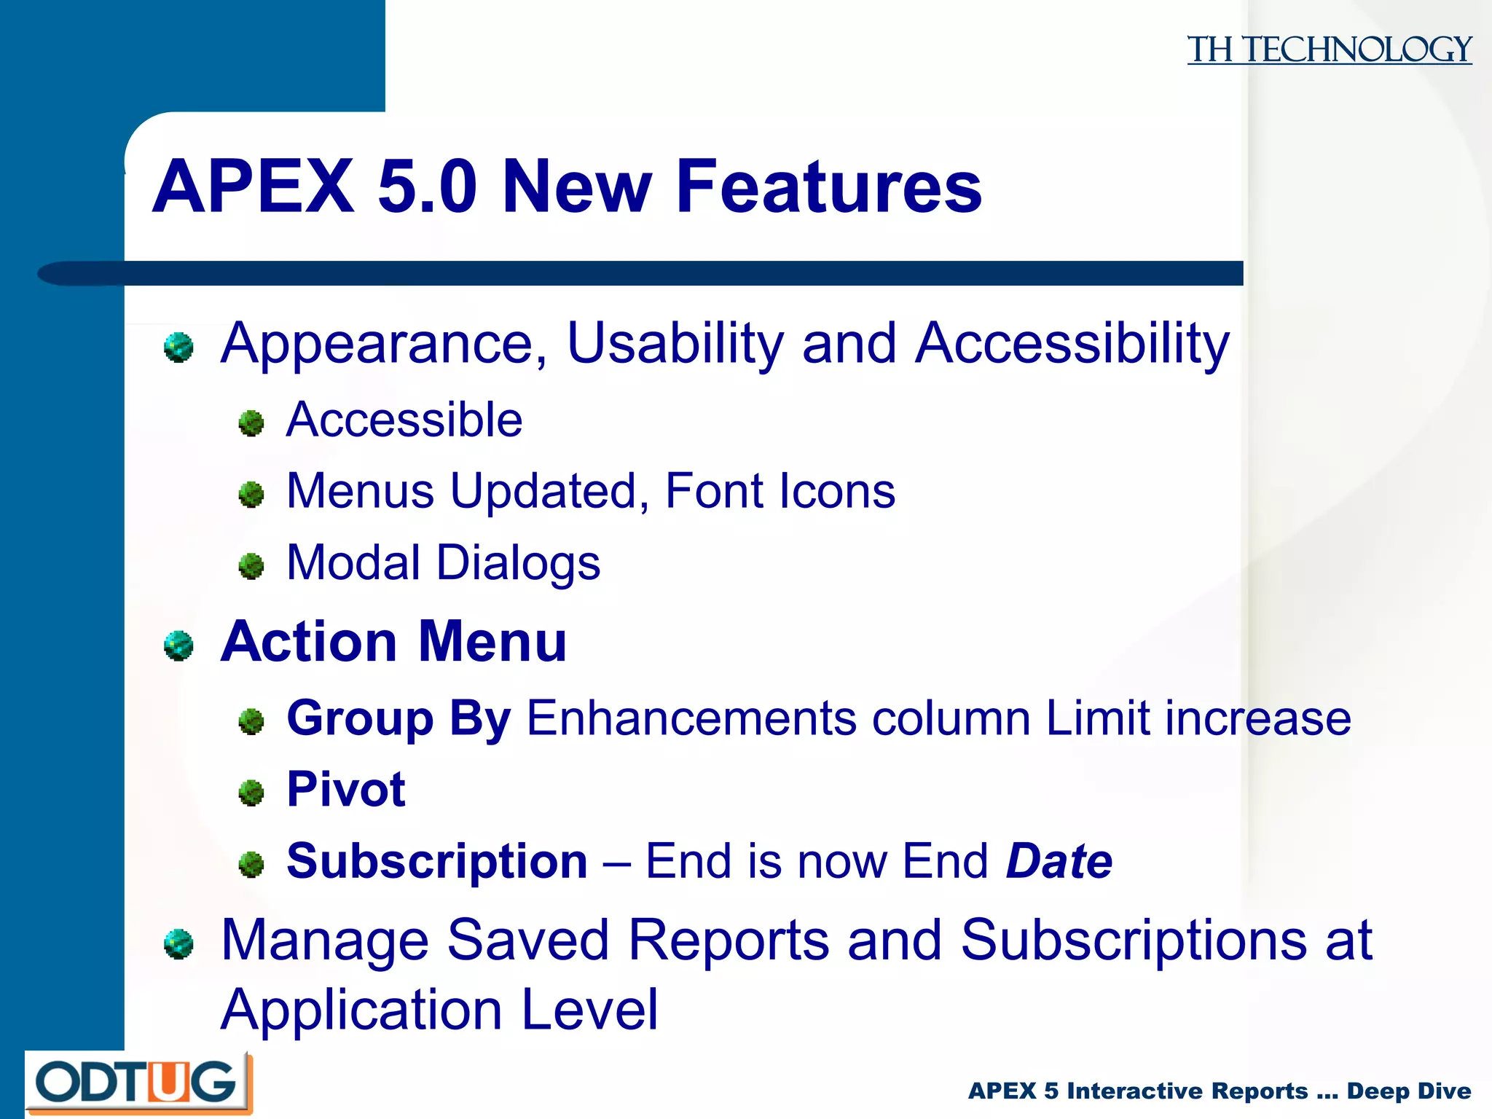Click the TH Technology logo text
1329,50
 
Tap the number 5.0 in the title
427,187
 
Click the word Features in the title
828,187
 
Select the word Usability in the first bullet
675,343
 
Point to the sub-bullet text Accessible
404,420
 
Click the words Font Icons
780,491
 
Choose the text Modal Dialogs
443,562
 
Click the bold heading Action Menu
393,642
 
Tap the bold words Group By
398,718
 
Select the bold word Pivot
346,790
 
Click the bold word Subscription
436,861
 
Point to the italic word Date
1059,861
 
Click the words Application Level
439,1010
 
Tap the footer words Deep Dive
1408,1091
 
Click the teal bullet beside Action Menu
178,645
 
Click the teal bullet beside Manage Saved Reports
178,944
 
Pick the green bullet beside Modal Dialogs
251,566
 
